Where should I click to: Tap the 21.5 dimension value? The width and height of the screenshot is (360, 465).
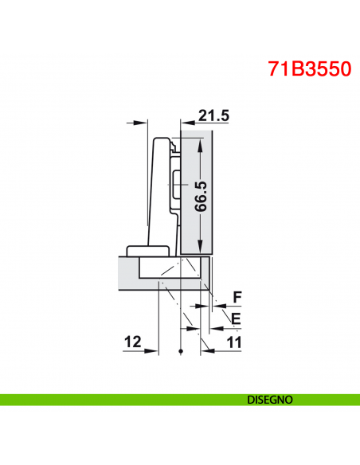tap(213, 115)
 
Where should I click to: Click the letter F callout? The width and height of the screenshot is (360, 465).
tap(236, 298)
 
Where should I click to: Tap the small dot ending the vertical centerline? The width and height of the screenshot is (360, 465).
tap(182, 352)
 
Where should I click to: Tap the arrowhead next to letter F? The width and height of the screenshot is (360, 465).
tap(216, 305)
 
